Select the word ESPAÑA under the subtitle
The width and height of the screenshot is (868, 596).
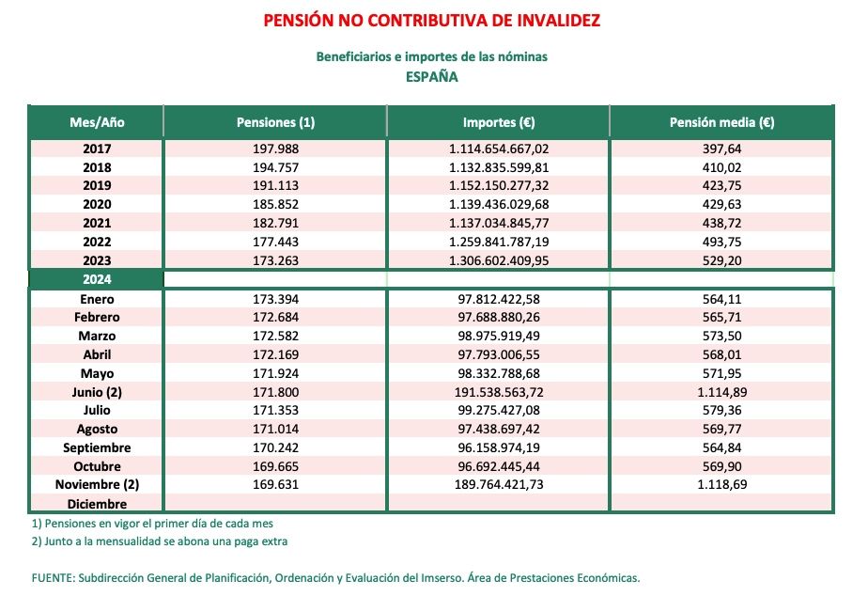[x=431, y=77]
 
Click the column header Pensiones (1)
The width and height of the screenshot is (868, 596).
[x=275, y=122]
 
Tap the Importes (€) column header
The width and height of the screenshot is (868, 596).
[x=499, y=122]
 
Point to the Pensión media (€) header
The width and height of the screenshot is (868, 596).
[x=721, y=122]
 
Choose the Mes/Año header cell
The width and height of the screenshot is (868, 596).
[x=97, y=122]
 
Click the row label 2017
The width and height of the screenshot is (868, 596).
[x=97, y=149]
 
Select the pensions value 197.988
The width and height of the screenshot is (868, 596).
[x=275, y=149]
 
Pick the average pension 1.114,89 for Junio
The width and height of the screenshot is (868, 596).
[x=721, y=392]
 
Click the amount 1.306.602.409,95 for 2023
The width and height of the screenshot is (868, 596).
[x=499, y=260]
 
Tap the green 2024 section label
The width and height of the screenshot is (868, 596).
[x=97, y=279]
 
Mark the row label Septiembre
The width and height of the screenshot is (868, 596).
[x=97, y=447]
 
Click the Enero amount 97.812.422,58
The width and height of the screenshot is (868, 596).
[x=499, y=299]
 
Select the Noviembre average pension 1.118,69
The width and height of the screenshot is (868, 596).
[x=721, y=485]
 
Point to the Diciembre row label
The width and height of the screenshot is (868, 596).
[x=97, y=503]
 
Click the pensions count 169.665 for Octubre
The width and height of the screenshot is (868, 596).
[x=275, y=466]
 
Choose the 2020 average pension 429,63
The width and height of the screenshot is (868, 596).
[x=721, y=204]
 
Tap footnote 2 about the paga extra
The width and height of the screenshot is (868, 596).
[x=159, y=541]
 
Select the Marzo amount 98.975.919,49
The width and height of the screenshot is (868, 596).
[x=499, y=336]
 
